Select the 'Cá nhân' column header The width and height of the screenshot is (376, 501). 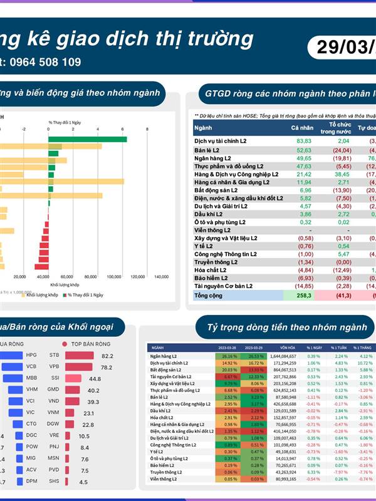pyautogui.click(x=301, y=128)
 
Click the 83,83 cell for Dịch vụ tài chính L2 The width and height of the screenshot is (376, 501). pyautogui.click(x=304, y=142)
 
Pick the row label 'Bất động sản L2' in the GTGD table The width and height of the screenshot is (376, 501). pyautogui.click(x=216, y=190)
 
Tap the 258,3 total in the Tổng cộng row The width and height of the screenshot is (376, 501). pyautogui.click(x=304, y=294)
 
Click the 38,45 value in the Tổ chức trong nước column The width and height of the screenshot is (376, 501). pyautogui.click(x=341, y=173)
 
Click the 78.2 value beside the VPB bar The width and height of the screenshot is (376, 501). pyautogui.click(x=107, y=367)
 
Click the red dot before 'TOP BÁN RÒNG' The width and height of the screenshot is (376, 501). pyautogui.click(x=64, y=344)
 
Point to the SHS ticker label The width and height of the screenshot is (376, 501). pyautogui.click(x=54, y=482)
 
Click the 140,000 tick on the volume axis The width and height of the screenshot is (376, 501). pyautogui.click(x=161, y=276)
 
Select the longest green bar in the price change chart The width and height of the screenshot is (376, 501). pyautogui.click(x=88, y=140)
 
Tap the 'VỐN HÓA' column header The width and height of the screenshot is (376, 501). pyautogui.click(x=288, y=348)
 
